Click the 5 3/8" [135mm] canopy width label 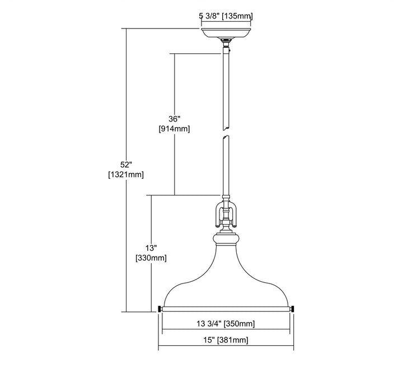click(x=226, y=16)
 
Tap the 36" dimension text click(x=174, y=119)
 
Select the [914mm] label click(x=174, y=128)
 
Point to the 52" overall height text click(x=126, y=165)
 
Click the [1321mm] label click(x=126, y=174)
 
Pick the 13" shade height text click(x=151, y=248)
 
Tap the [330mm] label click(x=151, y=258)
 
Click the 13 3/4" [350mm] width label click(x=226, y=323)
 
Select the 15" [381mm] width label click(x=226, y=340)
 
